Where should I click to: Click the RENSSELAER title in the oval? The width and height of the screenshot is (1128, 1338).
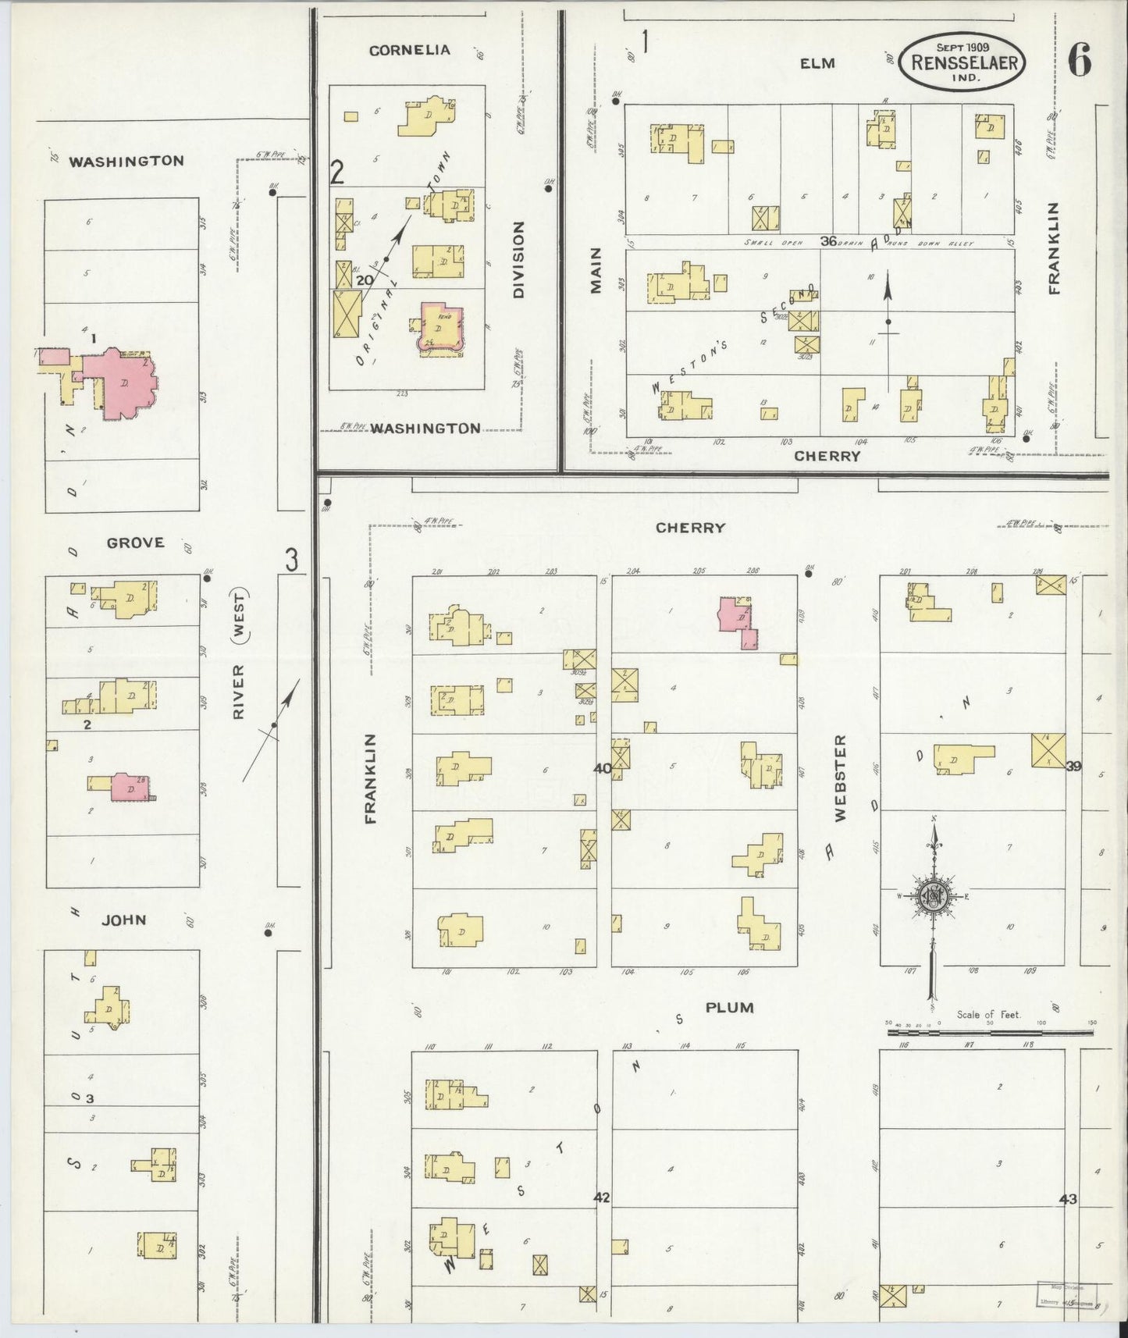963,62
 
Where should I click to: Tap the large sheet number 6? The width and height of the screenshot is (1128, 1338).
1080,61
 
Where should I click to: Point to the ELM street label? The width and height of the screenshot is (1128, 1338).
818,63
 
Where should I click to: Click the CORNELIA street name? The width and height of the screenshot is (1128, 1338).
410,50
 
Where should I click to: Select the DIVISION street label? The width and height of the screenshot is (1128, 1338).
519,260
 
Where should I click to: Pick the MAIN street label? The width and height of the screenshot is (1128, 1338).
596,270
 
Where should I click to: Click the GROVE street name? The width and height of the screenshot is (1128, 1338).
136,542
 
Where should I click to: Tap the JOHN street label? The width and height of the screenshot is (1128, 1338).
125,920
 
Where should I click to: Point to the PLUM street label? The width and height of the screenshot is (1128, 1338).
729,1007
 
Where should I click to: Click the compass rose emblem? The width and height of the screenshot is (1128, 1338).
933,897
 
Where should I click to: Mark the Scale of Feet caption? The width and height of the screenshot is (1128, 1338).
989,1015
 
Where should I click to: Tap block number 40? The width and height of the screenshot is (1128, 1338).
602,768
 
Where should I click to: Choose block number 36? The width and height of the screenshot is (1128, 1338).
829,241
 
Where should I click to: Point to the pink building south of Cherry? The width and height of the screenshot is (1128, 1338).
738,618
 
